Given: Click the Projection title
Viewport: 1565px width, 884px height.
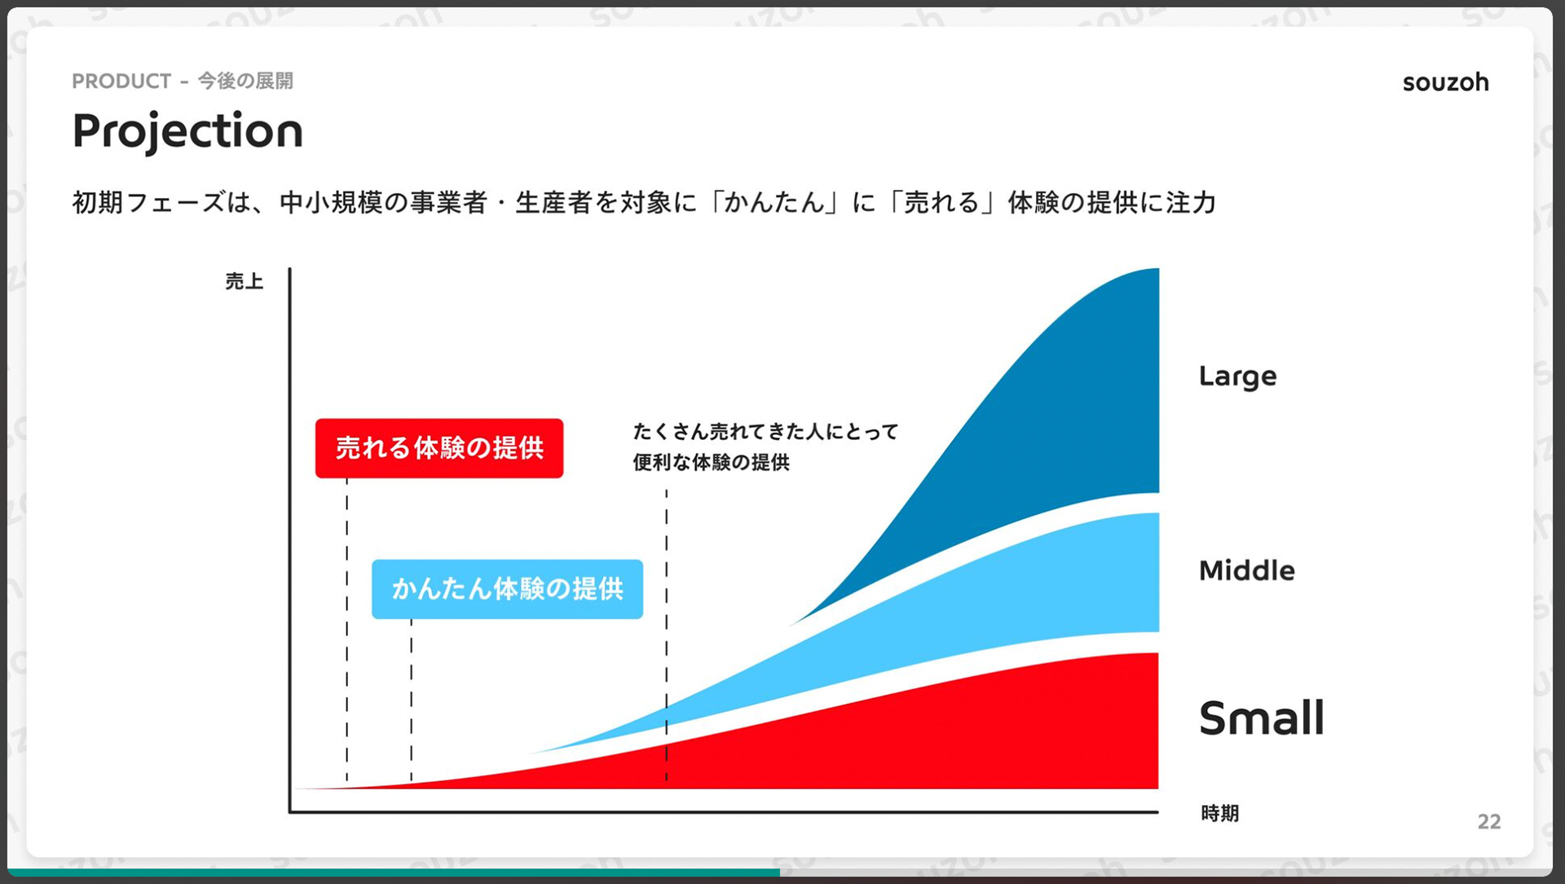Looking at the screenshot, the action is pos(187,130).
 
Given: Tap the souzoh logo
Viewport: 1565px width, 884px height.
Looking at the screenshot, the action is pos(1445,82).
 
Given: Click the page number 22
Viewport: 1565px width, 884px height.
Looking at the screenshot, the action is pos(1489,821).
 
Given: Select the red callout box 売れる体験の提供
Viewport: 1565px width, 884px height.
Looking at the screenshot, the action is pos(439,448).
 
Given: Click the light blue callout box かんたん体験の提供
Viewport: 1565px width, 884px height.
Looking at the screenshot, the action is pos(507,589).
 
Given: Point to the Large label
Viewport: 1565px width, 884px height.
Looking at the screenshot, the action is pos(1237,376).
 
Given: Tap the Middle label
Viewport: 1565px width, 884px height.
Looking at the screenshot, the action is pos(1246,570).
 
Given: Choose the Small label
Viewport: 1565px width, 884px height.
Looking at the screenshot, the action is pos(1262,718).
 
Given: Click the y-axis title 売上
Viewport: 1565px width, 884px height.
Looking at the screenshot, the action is pos(245,282).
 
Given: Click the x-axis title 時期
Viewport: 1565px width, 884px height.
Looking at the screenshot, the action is pos(1220,813).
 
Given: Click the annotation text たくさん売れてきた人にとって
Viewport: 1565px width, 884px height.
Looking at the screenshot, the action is pos(765,432).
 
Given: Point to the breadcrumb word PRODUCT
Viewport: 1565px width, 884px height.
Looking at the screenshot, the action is pos(121,81).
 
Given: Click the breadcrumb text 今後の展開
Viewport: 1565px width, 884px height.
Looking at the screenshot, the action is pos(245,81).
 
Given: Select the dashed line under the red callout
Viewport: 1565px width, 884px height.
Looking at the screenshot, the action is pos(347,630).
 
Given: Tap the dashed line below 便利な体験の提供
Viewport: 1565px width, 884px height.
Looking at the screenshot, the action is pos(667,636).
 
